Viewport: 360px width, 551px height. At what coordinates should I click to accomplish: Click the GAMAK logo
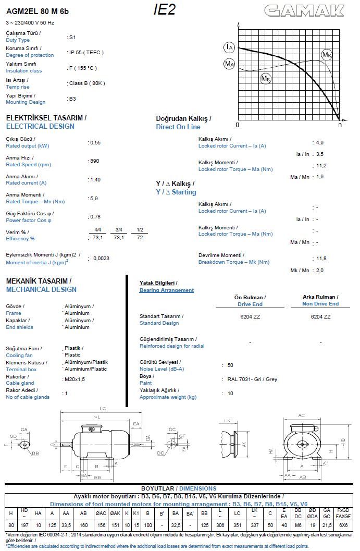pos(304,10)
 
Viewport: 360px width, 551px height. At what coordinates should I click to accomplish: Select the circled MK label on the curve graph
pos(327,55)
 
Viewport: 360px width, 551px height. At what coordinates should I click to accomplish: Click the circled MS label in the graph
pos(266,78)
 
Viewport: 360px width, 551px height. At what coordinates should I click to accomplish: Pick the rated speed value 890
pos(94,161)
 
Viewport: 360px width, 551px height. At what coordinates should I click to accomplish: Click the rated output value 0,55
pos(95,142)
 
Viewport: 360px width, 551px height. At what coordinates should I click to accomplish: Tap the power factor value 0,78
pos(95,216)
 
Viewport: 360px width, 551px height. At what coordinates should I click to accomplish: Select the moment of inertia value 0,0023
pos(101,258)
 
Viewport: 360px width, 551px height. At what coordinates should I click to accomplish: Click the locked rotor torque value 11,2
pos(321,166)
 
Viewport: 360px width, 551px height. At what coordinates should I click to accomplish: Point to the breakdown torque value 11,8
pos(321,259)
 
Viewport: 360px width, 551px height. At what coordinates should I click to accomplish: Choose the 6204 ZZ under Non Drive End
pos(320,316)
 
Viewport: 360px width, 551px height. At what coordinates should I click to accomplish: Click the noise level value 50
pos(230,365)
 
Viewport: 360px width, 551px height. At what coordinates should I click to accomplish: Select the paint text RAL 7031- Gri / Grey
pos(252,379)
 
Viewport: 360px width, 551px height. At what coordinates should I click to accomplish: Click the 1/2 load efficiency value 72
pos(140,237)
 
